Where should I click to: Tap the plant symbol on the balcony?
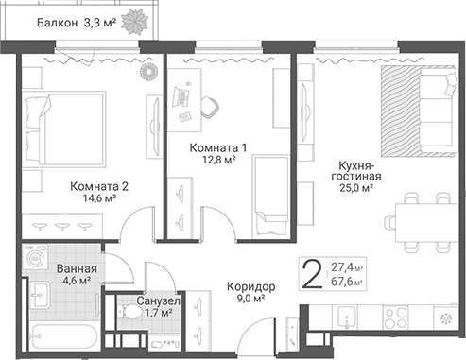pos(135,21)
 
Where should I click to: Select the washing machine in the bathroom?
pos(35,258)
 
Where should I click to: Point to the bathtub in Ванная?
pos(65,336)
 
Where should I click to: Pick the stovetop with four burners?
pos(396,317)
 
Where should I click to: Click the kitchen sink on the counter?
pos(346,317)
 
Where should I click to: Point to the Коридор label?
pos(251,286)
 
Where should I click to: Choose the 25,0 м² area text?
pos(356,188)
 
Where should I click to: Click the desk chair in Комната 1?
pos(210,108)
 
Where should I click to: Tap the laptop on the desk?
pos(181,96)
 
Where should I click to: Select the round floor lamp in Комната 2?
pos(148,72)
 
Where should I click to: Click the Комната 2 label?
pos(99,186)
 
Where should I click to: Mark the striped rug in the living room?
pos(401,111)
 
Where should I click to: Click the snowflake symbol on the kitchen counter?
pos(446,318)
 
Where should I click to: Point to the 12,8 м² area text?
pos(219,160)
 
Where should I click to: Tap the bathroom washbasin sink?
pos(40,295)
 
